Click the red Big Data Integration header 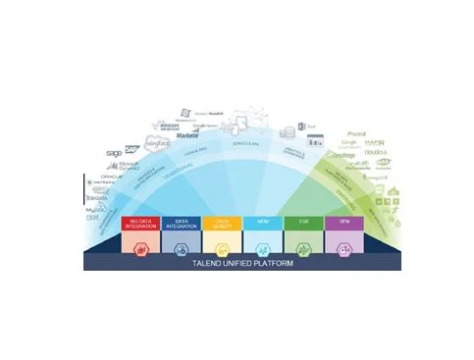[140, 224]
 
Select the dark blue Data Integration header [181, 224]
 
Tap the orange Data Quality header [222, 224]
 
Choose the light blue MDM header [262, 224]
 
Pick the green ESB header [303, 224]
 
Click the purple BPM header [343, 224]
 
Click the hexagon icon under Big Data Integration [140, 244]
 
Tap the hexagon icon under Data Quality [222, 244]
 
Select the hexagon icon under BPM [343, 244]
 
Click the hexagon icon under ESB [303, 244]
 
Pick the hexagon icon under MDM [262, 244]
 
